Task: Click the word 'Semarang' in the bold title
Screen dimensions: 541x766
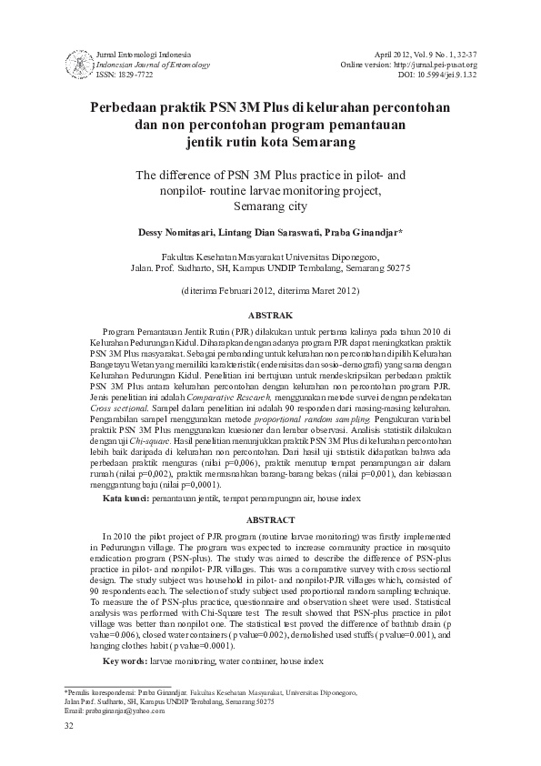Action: click(315, 143)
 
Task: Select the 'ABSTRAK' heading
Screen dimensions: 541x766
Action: click(270, 314)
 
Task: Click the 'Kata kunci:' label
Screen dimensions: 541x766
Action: click(125, 526)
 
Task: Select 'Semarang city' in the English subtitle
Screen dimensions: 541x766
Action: click(270, 206)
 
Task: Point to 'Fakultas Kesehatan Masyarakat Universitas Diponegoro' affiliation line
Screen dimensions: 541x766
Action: click(270, 257)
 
